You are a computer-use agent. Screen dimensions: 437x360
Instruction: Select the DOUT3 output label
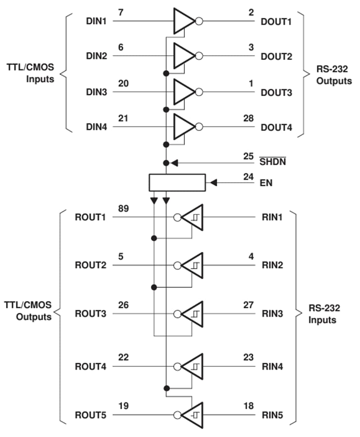(x=276, y=93)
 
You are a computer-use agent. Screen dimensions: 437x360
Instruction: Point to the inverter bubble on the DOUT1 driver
(x=199, y=21)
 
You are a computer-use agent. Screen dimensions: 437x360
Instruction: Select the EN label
(x=266, y=183)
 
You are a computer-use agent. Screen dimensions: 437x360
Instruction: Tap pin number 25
(x=248, y=156)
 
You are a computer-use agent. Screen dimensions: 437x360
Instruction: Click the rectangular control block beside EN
(x=177, y=182)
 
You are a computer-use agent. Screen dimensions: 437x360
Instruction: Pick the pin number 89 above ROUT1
(x=123, y=209)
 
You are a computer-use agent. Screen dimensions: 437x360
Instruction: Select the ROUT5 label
(x=90, y=416)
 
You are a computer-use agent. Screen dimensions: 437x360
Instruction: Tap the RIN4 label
(x=272, y=367)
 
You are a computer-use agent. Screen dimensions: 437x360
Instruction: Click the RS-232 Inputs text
(x=324, y=314)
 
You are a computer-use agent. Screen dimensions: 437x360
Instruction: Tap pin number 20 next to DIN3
(x=123, y=83)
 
